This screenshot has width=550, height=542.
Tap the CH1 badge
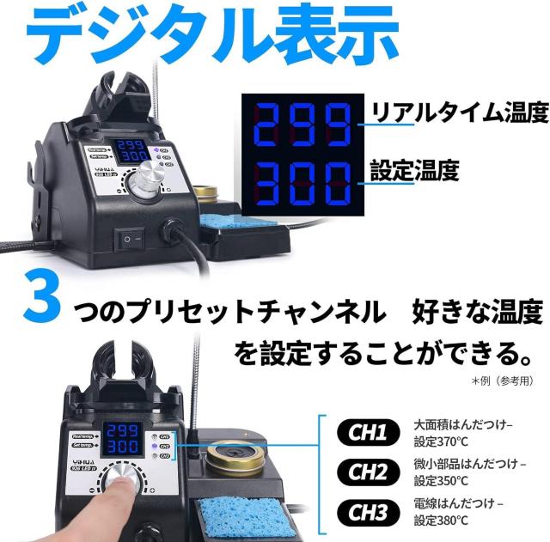367,431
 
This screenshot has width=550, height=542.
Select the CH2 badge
367,471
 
